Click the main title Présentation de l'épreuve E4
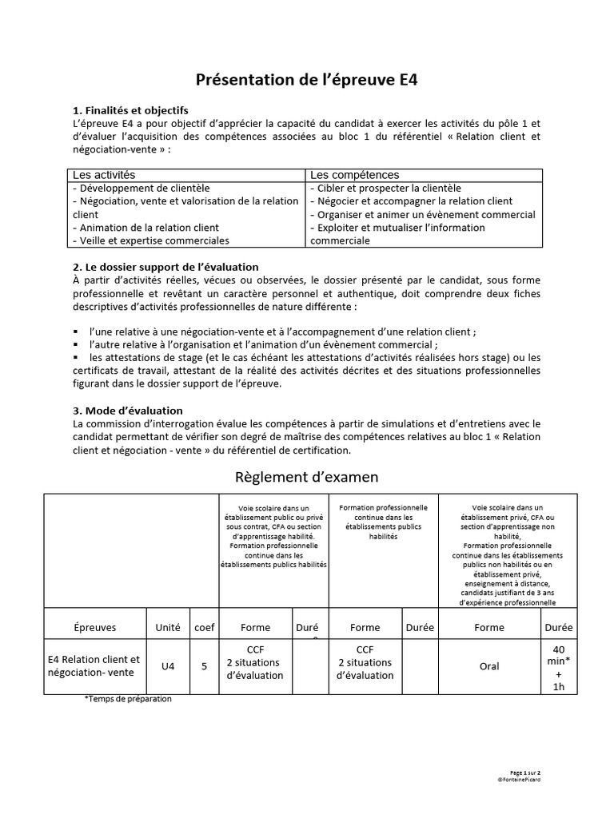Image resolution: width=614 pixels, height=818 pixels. [307, 80]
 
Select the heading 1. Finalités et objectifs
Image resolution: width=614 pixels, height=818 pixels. [130, 110]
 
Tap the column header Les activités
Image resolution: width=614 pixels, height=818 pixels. [105, 174]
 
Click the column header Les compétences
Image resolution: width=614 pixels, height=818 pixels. [354, 174]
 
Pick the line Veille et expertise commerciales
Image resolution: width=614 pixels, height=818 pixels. [150, 240]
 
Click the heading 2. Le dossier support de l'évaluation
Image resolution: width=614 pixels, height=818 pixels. [165, 266]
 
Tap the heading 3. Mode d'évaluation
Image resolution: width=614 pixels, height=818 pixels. [128, 410]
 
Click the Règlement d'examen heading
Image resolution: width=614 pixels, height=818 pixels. [307, 477]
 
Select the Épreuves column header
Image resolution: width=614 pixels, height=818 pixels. [94, 627]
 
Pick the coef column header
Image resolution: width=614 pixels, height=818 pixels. [205, 627]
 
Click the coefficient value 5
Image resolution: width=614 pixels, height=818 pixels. [205, 665]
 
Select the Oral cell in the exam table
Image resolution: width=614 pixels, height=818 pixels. [489, 665]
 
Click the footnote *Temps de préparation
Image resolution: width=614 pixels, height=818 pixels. [128, 698]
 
